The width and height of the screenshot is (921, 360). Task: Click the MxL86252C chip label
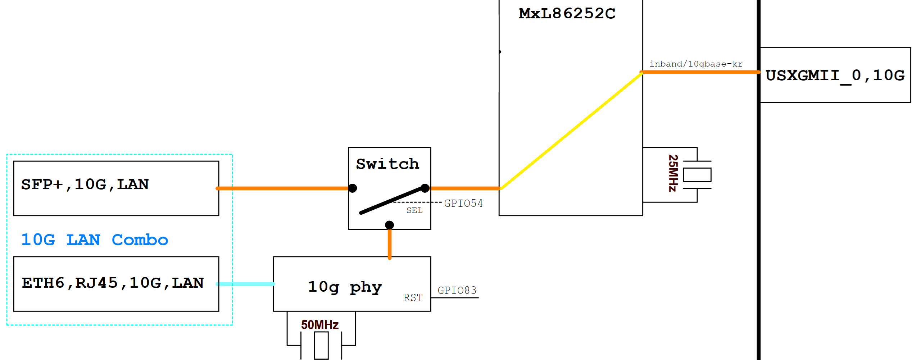(x=567, y=14)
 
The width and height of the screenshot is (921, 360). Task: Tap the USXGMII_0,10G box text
(x=835, y=76)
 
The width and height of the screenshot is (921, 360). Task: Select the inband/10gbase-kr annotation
(x=696, y=64)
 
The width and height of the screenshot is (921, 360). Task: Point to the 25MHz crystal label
(x=673, y=173)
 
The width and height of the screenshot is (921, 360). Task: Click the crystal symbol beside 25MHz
(x=697, y=175)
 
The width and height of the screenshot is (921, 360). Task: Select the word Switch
(x=387, y=164)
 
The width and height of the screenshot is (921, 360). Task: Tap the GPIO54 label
(x=463, y=204)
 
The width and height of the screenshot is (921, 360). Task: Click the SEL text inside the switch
(x=414, y=210)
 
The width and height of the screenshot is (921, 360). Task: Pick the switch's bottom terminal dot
(x=389, y=225)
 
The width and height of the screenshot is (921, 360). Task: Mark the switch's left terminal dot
(x=353, y=188)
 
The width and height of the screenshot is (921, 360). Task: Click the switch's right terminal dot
(x=425, y=188)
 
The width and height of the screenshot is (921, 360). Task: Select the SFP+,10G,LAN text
(x=85, y=184)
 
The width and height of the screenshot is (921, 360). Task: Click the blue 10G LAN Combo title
(x=95, y=240)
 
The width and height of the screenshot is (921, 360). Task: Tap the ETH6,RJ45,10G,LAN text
(x=113, y=283)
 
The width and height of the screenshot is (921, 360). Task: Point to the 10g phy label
(x=345, y=287)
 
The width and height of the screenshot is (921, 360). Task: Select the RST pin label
(x=413, y=298)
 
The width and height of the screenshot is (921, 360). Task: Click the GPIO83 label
(x=457, y=291)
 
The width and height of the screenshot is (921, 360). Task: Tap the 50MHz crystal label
(x=320, y=325)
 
